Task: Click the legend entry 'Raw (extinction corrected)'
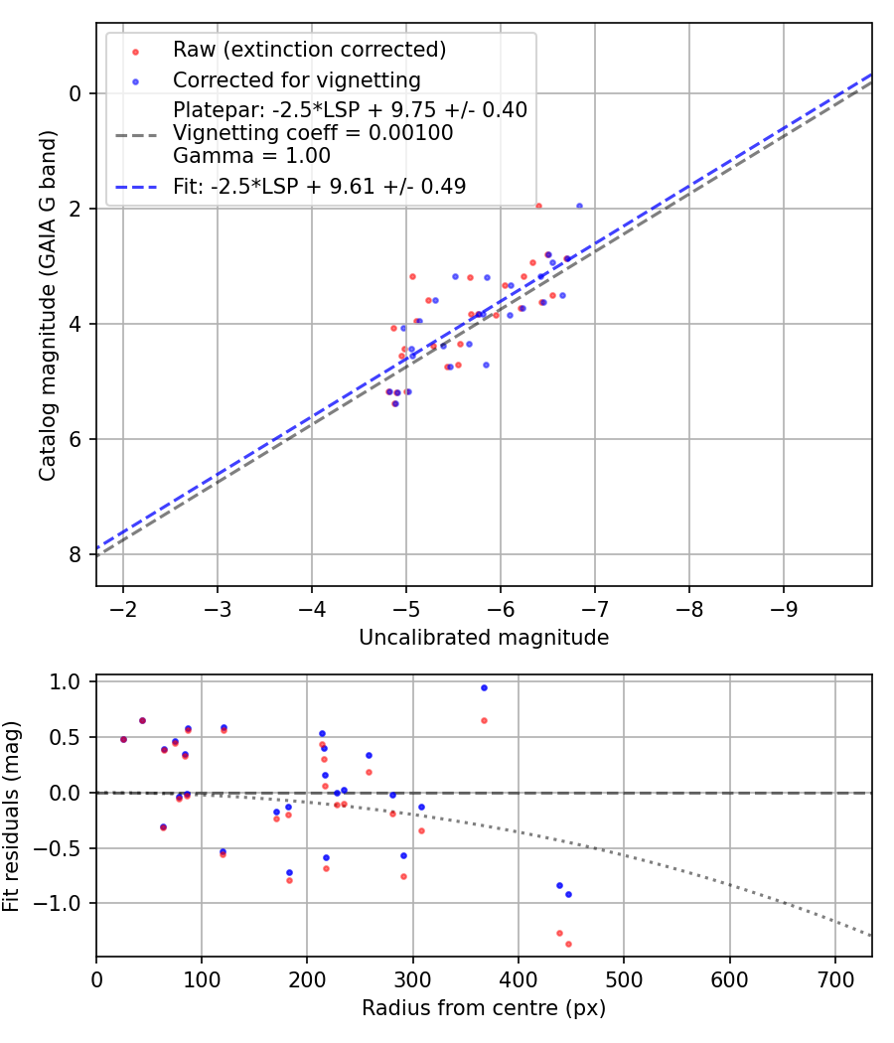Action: pos(309,50)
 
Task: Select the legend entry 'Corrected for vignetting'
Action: pos(297,79)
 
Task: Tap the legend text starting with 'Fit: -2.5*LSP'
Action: pos(319,187)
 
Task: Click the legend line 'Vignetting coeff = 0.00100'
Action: pos(313,132)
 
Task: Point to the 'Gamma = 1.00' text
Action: pos(251,156)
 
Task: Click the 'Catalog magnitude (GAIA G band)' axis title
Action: pos(47,305)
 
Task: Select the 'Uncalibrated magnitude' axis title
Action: pos(484,638)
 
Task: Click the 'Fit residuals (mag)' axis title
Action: pos(11,817)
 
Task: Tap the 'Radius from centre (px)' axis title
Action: pos(484,1008)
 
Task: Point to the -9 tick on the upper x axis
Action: pos(783,609)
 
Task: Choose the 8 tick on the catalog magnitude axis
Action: pos(75,554)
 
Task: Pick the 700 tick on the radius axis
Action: pos(835,979)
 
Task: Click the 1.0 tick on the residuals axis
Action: pos(65,681)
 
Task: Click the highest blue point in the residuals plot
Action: pos(485,687)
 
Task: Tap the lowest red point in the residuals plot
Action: pos(569,944)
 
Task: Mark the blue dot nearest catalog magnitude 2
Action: pos(579,207)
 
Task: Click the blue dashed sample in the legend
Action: pos(136,188)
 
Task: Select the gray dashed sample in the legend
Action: pos(136,135)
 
